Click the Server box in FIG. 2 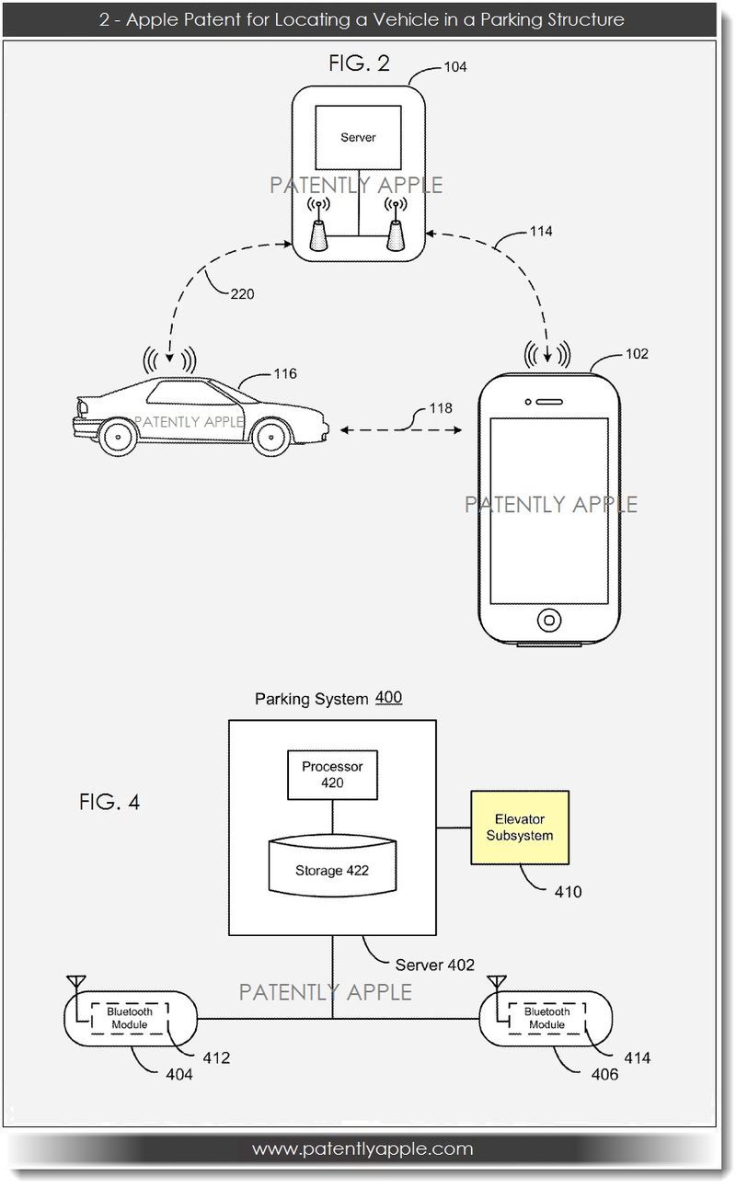click(x=358, y=138)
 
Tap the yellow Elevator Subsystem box click(x=519, y=827)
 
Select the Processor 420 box click(x=332, y=774)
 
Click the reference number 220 click(x=243, y=295)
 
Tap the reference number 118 click(x=440, y=408)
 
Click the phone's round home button click(x=549, y=618)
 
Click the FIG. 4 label click(x=109, y=802)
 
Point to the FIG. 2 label click(x=359, y=63)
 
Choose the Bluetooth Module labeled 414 click(x=546, y=1018)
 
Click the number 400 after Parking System click(x=387, y=698)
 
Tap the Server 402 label click(x=434, y=965)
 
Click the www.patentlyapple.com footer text click(x=362, y=1148)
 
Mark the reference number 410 click(x=567, y=891)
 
